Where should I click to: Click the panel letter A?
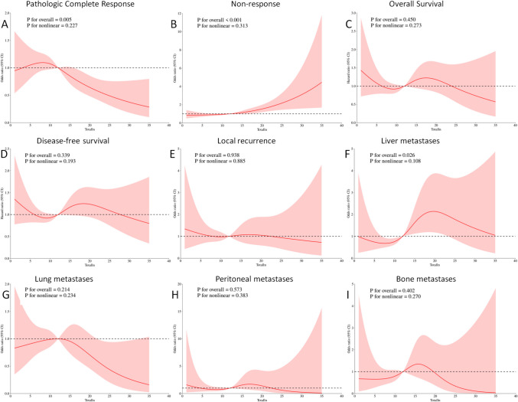[5, 26]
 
